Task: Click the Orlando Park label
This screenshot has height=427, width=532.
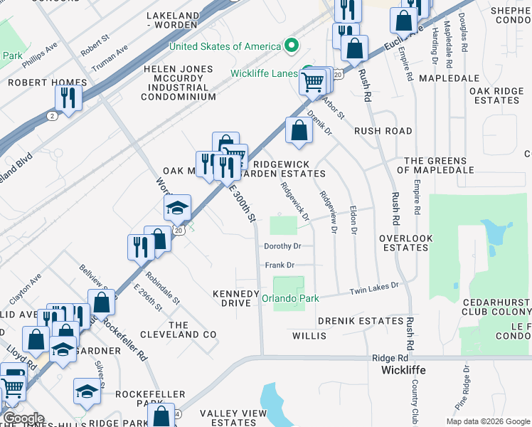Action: (291, 299)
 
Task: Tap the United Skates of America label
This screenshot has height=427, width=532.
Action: (225, 47)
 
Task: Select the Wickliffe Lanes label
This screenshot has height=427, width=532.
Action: (262, 73)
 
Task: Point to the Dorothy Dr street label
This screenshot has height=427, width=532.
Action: (283, 246)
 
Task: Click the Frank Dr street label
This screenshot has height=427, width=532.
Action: (280, 265)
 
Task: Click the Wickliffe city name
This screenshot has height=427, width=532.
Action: (404, 371)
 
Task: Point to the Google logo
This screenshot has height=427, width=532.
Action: (23, 418)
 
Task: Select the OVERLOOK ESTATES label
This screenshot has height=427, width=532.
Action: (406, 243)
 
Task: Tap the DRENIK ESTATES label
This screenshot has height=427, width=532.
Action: (361, 322)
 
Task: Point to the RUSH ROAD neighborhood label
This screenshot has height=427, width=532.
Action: (383, 131)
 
